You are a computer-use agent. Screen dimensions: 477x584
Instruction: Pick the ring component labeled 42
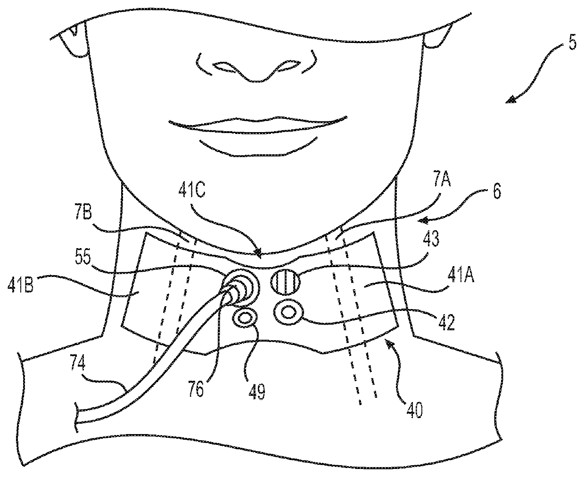[x=288, y=312]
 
